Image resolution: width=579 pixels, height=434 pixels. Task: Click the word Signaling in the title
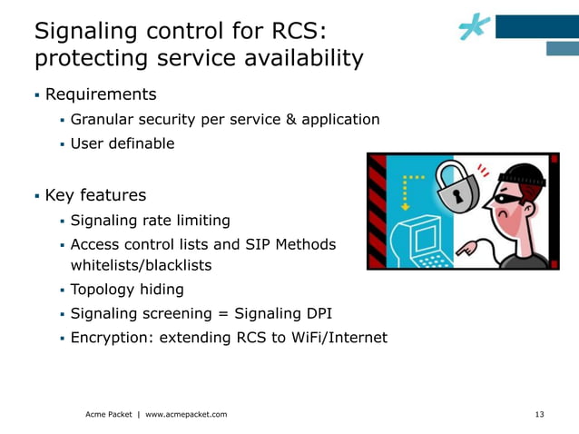(83, 31)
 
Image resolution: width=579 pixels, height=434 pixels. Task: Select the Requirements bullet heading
(101, 94)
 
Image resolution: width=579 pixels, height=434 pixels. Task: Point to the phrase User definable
(123, 143)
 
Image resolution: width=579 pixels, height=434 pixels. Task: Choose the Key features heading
(95, 195)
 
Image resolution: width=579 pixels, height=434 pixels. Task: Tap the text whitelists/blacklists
(141, 265)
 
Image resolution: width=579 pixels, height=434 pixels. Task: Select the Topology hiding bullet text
(127, 290)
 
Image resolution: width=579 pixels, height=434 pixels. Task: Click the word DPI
(317, 314)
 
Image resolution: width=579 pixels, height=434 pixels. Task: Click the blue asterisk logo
(475, 28)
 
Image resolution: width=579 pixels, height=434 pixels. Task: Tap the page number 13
(540, 415)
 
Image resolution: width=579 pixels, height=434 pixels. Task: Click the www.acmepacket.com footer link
(186, 415)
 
